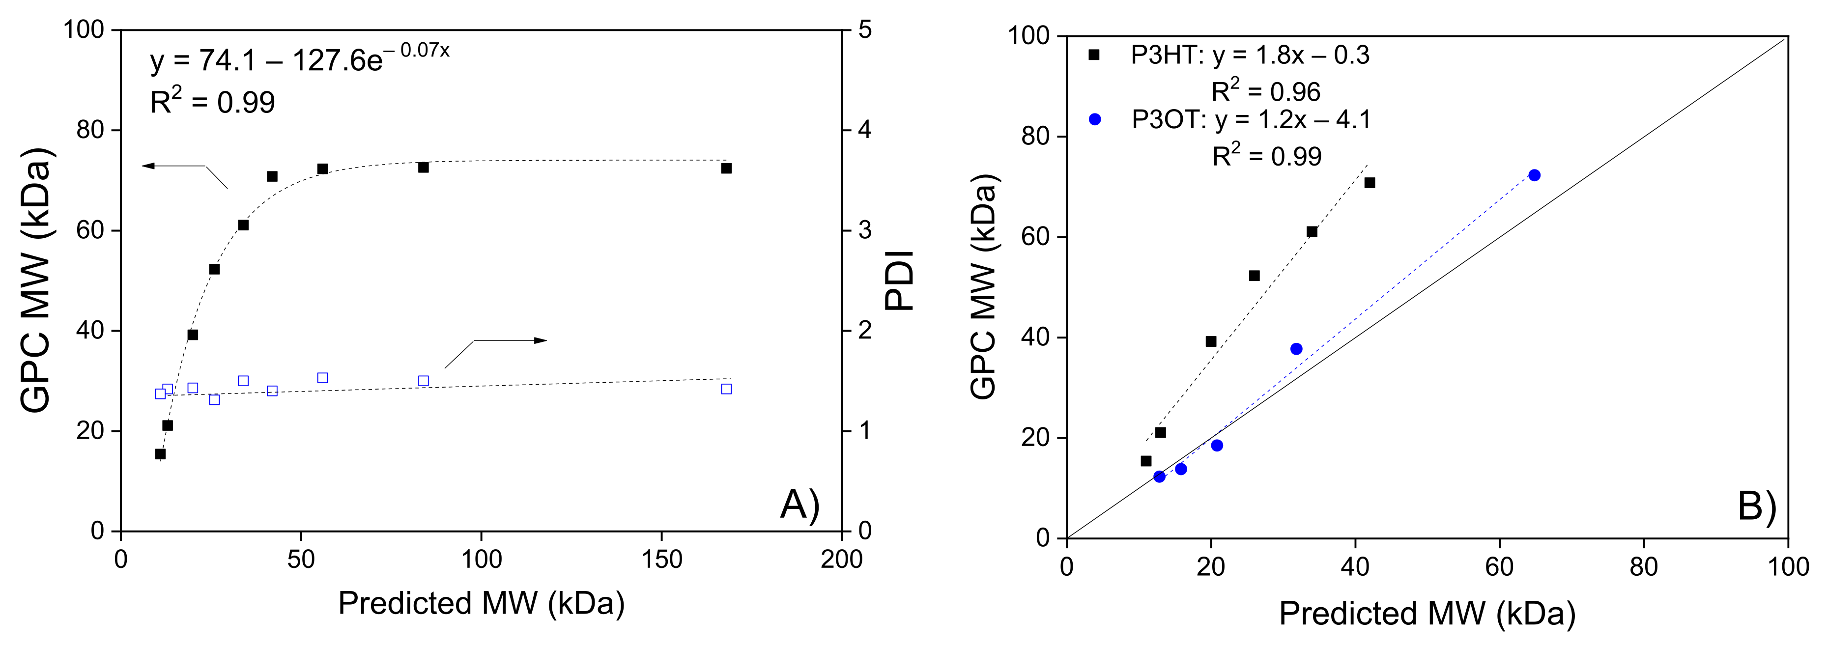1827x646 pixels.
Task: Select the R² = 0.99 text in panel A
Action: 212,102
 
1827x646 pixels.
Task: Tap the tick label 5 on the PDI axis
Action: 864,30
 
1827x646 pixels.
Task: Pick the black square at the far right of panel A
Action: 726,168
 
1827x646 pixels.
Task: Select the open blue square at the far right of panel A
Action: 726,389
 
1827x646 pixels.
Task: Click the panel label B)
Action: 1756,506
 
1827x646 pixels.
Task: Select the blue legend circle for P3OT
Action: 1094,119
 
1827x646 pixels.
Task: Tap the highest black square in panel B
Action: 1370,183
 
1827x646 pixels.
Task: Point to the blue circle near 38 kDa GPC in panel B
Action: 1296,349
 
